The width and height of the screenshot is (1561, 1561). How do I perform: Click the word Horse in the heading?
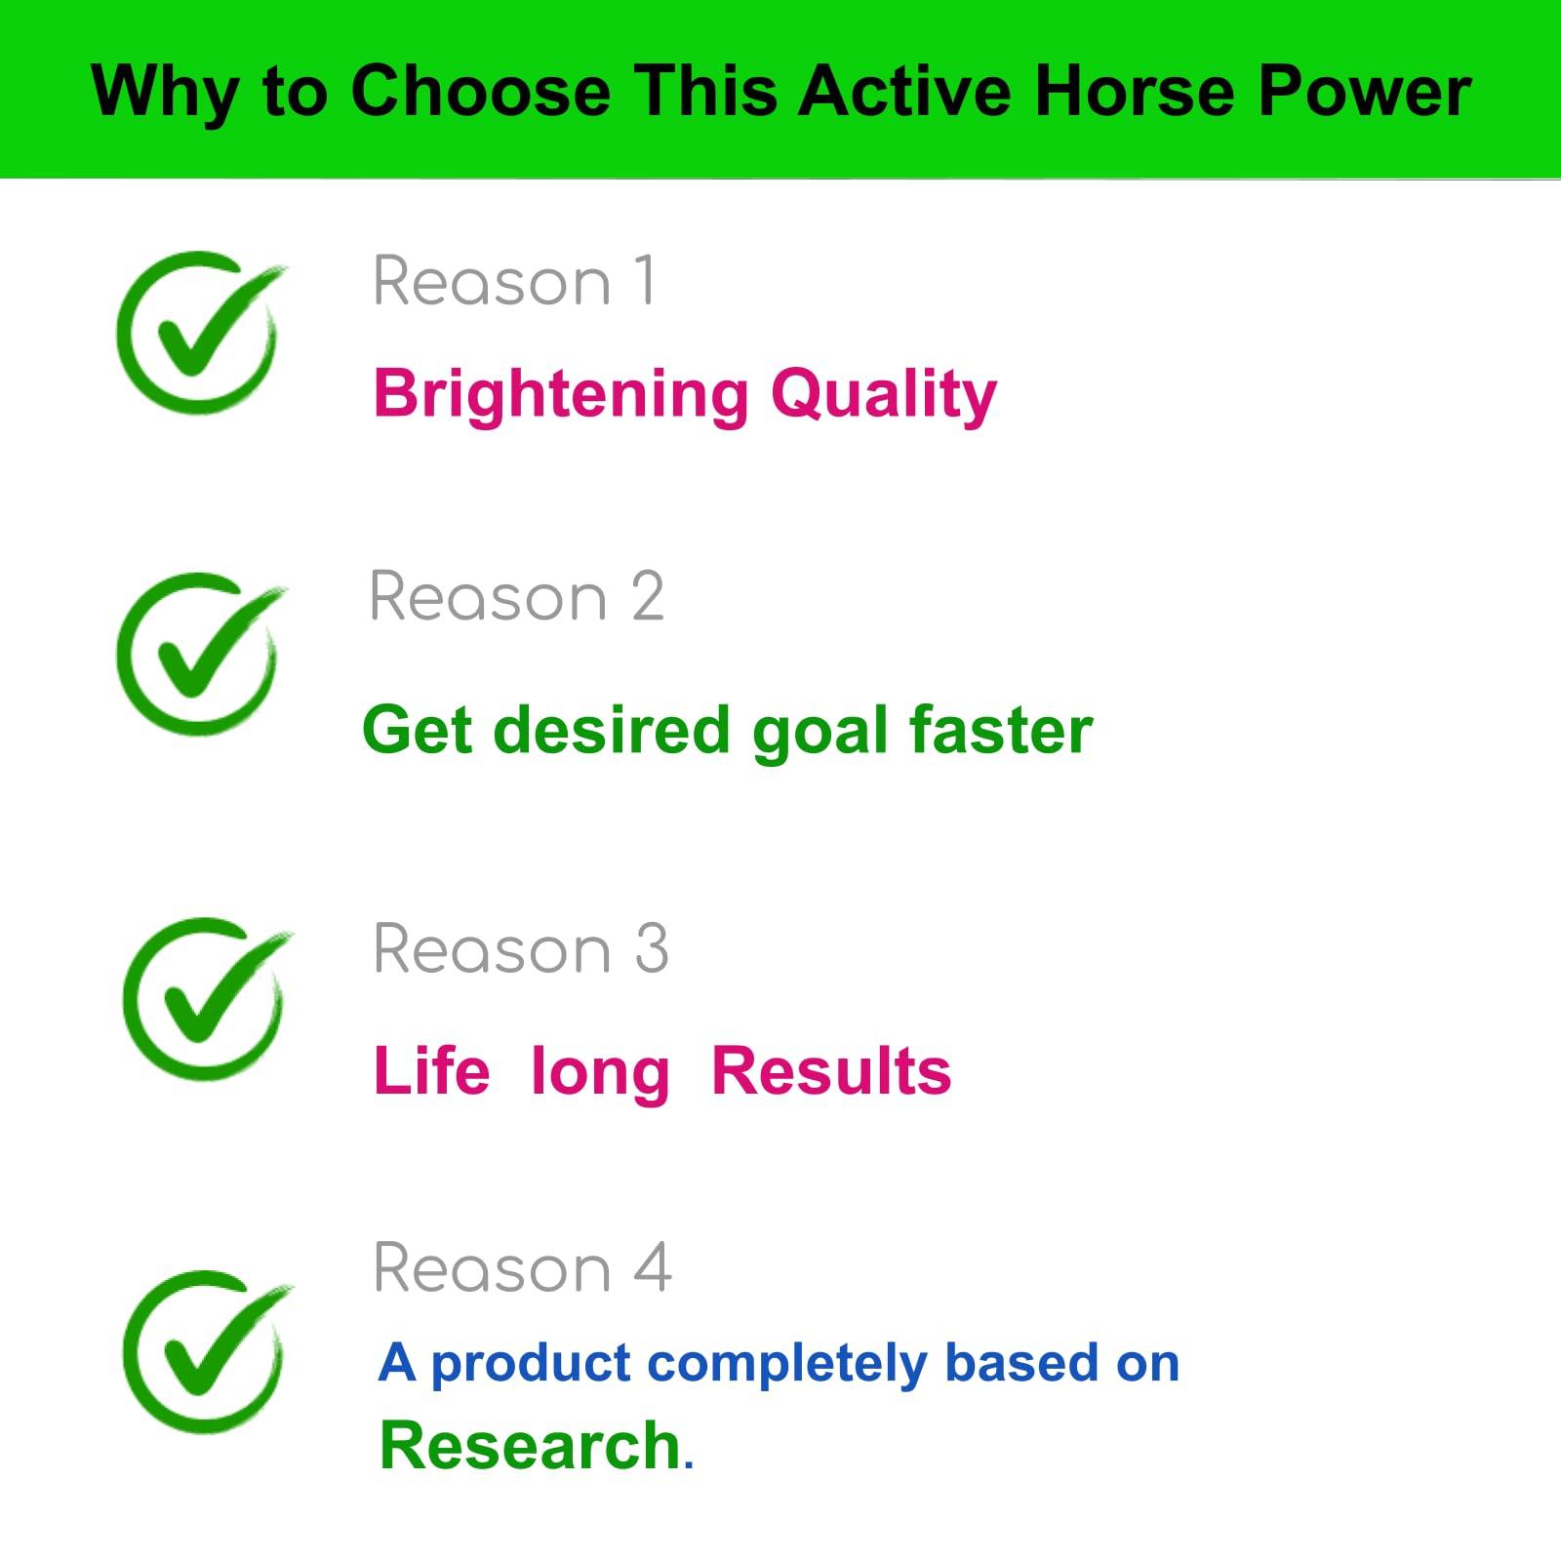(x=1135, y=92)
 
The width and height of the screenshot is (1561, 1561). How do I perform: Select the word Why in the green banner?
(x=164, y=94)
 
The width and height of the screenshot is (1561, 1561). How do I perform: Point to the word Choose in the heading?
(x=480, y=92)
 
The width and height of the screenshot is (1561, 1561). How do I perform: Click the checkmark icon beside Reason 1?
(x=200, y=332)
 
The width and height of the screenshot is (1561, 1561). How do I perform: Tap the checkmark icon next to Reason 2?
(x=200, y=654)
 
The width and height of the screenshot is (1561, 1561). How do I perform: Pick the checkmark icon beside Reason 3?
(x=206, y=998)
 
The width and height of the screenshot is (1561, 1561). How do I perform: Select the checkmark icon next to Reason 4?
(x=206, y=1351)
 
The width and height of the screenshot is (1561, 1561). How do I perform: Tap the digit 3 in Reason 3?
(x=652, y=949)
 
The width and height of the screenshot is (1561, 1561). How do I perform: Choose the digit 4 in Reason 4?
(x=652, y=1268)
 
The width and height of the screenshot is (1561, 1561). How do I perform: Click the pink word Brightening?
(x=560, y=394)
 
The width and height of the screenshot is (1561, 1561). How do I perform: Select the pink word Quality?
(x=884, y=394)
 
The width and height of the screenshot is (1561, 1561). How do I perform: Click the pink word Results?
(x=831, y=1071)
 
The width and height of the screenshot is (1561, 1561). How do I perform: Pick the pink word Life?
(x=431, y=1071)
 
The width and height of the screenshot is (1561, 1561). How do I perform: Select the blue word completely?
(x=786, y=1363)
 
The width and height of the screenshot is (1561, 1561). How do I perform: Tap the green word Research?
(x=530, y=1446)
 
